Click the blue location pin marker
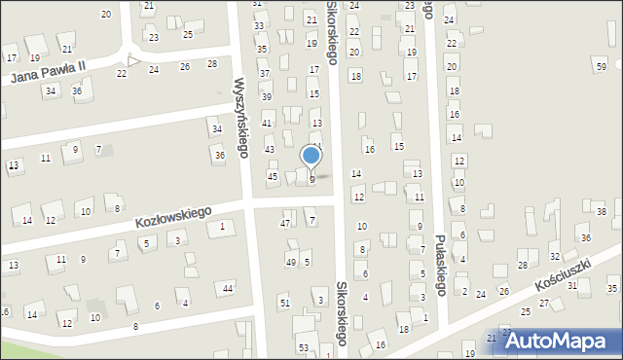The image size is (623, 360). click(311, 157)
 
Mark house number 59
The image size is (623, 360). click(600, 64)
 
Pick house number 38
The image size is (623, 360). click(602, 211)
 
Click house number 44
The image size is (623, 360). click(227, 288)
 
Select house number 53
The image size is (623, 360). click(303, 347)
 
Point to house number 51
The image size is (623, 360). click(284, 304)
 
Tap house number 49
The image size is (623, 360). click(290, 263)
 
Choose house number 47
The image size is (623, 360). click(285, 224)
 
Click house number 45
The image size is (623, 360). click(273, 176)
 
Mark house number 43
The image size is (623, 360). click(270, 149)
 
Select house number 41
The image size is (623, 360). click(267, 123)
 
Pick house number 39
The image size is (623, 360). click(266, 96)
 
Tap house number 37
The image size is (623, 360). click(264, 73)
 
